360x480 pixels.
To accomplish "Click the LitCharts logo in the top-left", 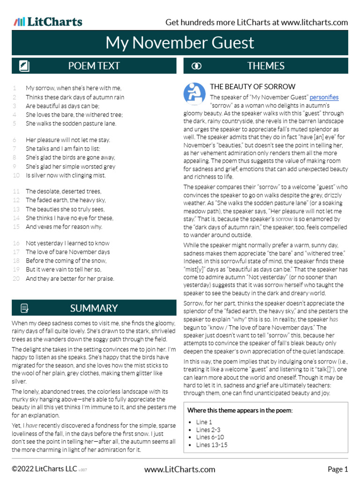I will pyautogui.click(x=48, y=22).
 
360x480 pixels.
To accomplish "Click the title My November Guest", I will pyautogui.click(x=180, y=43).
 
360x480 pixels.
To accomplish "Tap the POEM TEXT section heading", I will pyautogui.click(x=94, y=66).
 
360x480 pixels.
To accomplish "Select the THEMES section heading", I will pyautogui.click(x=266, y=66).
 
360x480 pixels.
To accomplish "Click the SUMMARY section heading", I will pyautogui.click(x=94, y=308).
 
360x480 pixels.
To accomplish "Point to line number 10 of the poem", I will pyautogui.click(x=16, y=175).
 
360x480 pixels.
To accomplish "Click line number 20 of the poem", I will pyautogui.click(x=16, y=278).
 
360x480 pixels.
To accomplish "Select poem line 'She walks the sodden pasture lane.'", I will pyautogui.click(x=71, y=124).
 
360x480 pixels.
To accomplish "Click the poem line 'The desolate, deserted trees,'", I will pyautogui.click(x=63, y=191).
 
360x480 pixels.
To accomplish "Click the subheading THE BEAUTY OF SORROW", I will pyautogui.click(x=253, y=87).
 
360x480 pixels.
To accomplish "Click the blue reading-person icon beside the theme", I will pyautogui.click(x=194, y=94).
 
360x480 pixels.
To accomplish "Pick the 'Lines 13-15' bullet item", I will pyautogui.click(x=212, y=445).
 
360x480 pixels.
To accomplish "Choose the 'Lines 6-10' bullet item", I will pyautogui.click(x=210, y=437).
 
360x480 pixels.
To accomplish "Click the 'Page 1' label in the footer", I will pyautogui.click(x=337, y=469).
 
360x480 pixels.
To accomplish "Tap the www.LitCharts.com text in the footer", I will pyautogui.click(x=180, y=469).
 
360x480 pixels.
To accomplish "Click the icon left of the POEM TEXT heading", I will pyautogui.click(x=24, y=66).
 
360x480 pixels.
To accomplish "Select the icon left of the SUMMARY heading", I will pyautogui.click(x=24, y=308).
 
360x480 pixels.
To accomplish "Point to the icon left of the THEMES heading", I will pyautogui.click(x=197, y=66).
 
